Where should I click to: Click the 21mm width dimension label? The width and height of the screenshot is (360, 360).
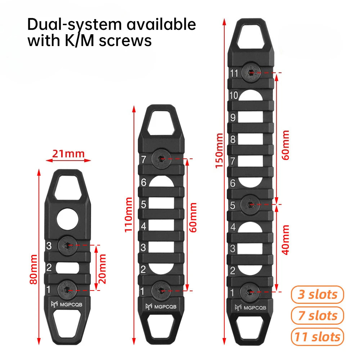pyautogui.click(x=68, y=154)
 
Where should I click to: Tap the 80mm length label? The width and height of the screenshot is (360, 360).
pyautogui.click(x=33, y=269)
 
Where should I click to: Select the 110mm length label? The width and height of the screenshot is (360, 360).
pyautogui.click(x=129, y=215)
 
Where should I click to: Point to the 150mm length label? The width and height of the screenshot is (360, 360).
pyautogui.click(x=219, y=150)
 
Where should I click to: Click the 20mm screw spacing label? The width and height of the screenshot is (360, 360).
pyautogui.click(x=102, y=269)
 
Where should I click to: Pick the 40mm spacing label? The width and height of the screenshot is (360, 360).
pyautogui.click(x=285, y=240)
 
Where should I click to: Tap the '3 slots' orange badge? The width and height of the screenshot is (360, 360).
pyautogui.click(x=317, y=294)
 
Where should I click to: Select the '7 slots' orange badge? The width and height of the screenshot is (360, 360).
pyautogui.click(x=317, y=315)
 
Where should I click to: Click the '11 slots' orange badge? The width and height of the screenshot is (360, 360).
pyautogui.click(x=317, y=337)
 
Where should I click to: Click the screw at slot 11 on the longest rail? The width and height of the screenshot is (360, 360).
pyautogui.click(x=251, y=73)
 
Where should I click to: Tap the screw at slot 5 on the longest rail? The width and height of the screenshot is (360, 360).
pyautogui.click(x=251, y=204)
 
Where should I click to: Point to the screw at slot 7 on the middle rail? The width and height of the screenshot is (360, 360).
pyautogui.click(x=162, y=159)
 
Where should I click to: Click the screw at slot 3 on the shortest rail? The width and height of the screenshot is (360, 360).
pyautogui.click(x=68, y=245)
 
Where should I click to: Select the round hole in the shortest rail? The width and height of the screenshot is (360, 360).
pyautogui.click(x=68, y=219)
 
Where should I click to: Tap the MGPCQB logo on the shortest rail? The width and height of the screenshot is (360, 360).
pyautogui.click(x=67, y=305)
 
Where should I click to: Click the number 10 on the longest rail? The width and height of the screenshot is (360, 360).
pyautogui.click(x=234, y=95)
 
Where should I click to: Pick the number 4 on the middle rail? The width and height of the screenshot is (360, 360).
pyautogui.click(x=144, y=226)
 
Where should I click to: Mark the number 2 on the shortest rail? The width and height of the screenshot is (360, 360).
pyautogui.click(x=49, y=268)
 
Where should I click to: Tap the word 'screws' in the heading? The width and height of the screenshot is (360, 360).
pyautogui.click(x=125, y=41)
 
